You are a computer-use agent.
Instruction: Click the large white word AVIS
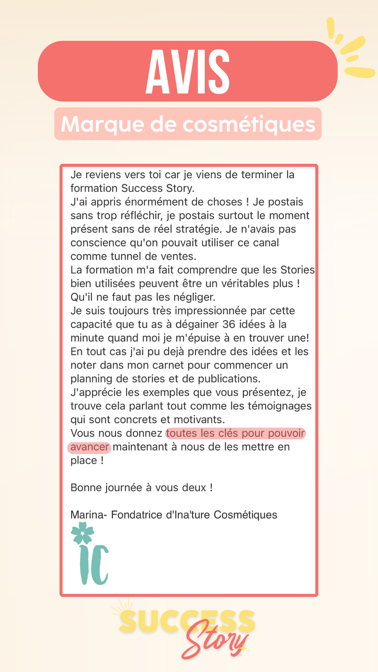click(x=188, y=71)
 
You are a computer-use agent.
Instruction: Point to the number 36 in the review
click(x=229, y=324)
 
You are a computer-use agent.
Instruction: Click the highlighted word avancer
click(x=90, y=447)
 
